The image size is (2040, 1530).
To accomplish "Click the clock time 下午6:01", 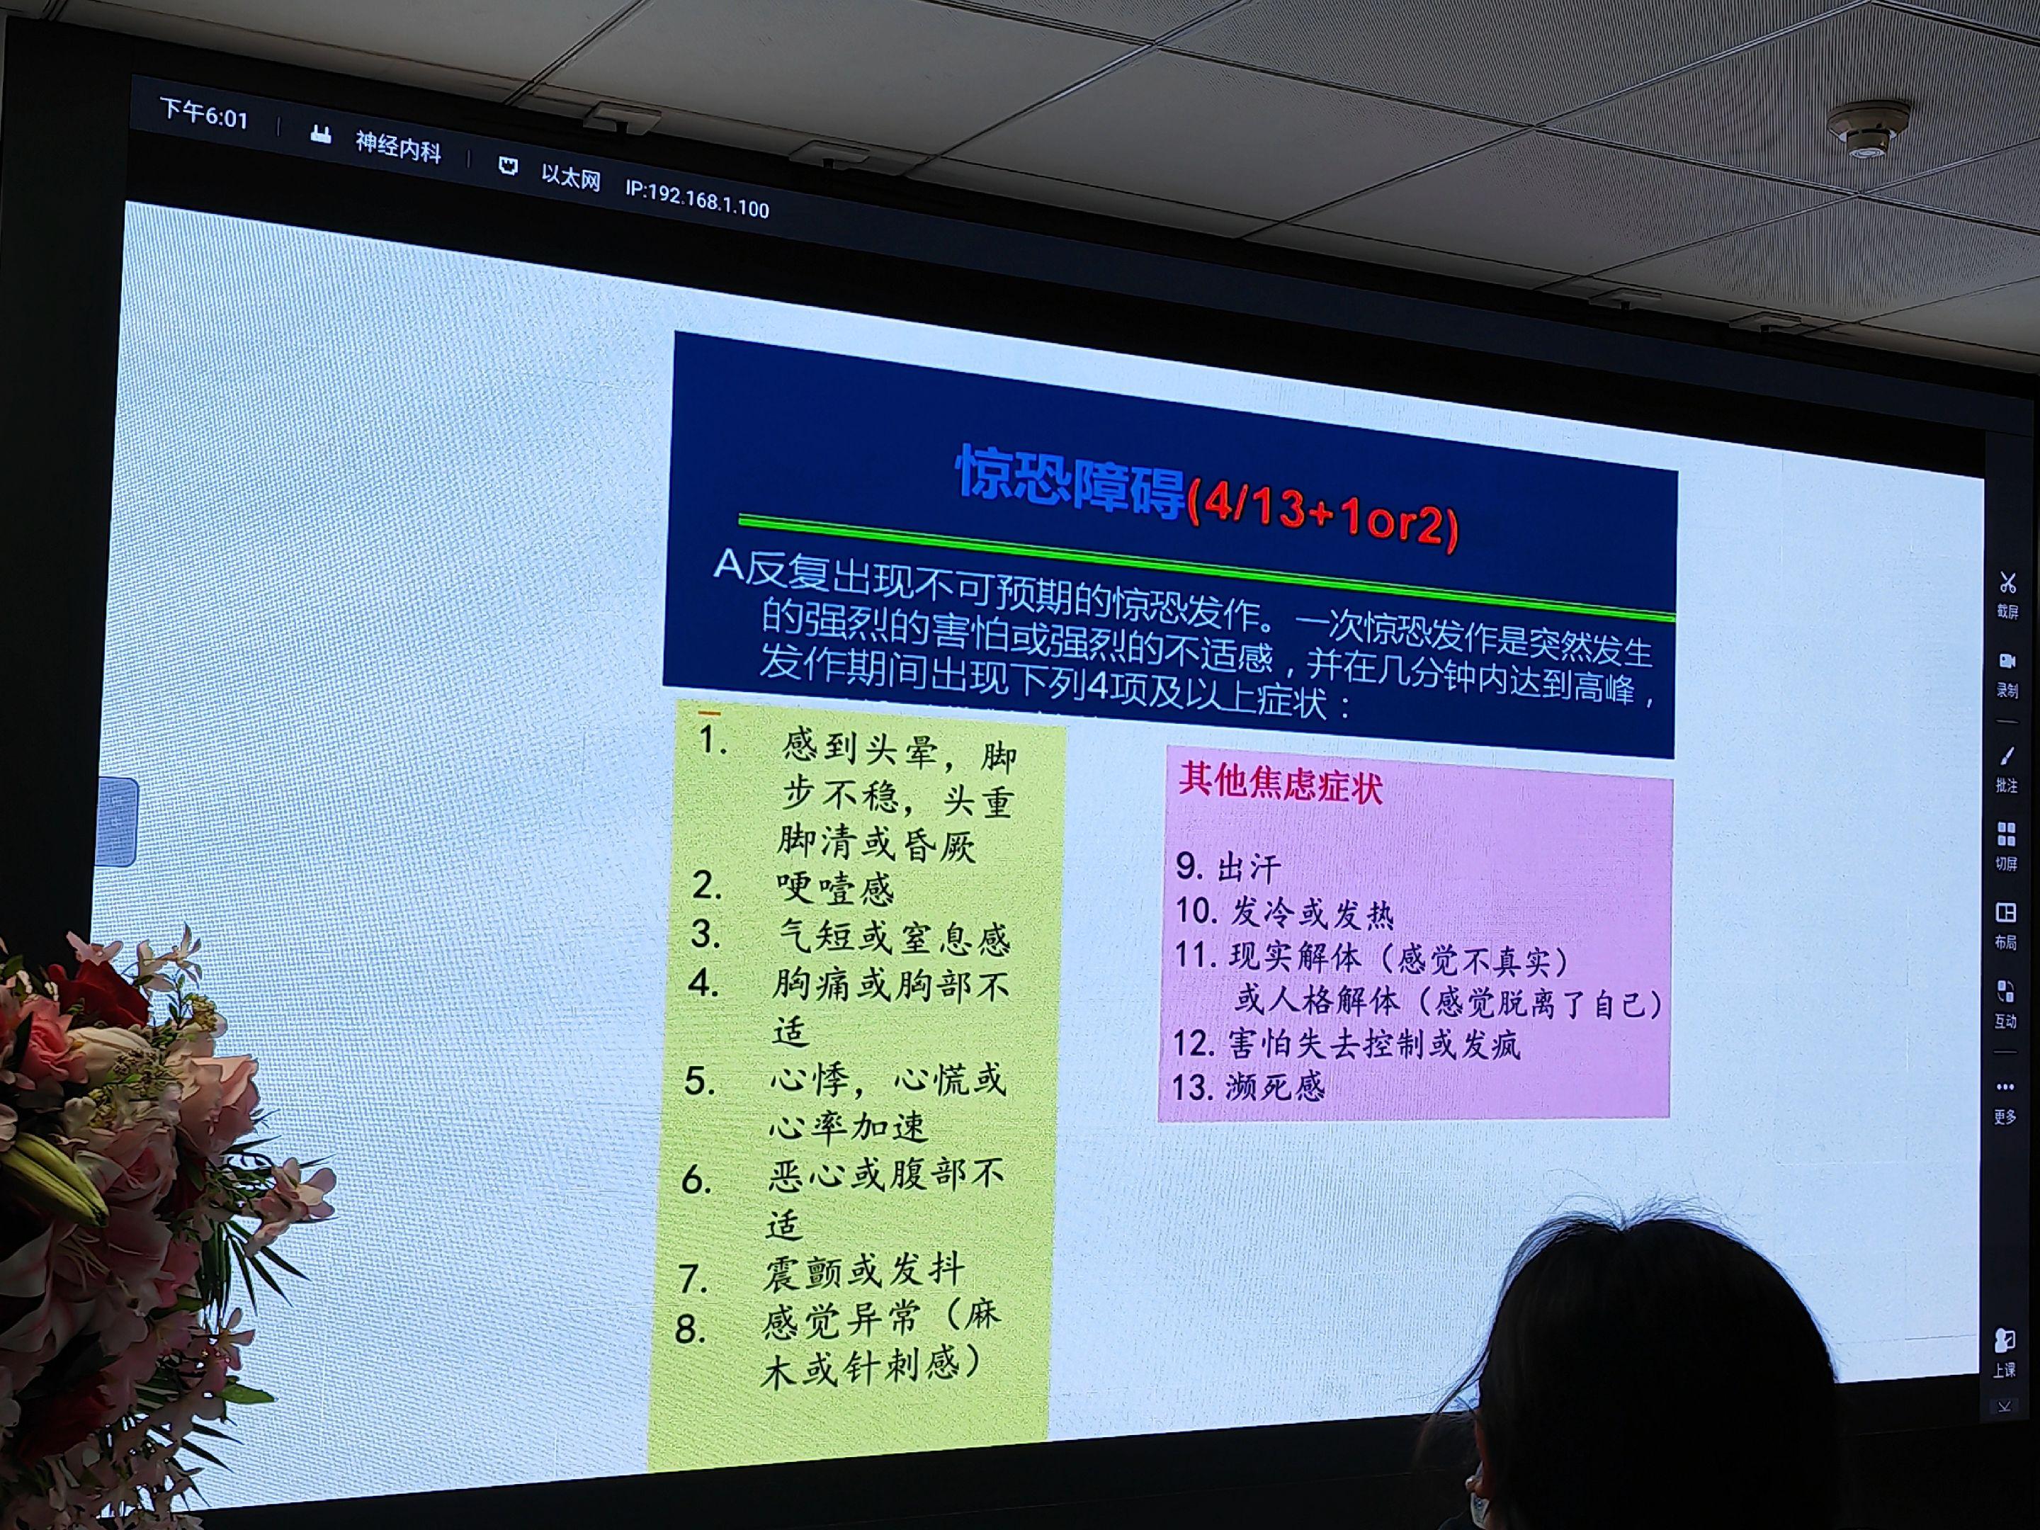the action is [204, 114].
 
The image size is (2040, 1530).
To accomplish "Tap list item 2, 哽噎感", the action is [834, 888].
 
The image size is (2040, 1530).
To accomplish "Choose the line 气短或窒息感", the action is [892, 937].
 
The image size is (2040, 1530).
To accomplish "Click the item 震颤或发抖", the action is [862, 1271].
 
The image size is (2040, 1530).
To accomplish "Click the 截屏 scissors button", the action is [2007, 595].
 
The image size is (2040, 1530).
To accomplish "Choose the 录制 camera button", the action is [2007, 674].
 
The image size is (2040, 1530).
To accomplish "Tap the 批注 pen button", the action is [2006, 769].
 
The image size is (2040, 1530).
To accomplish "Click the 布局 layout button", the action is [2005, 926].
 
